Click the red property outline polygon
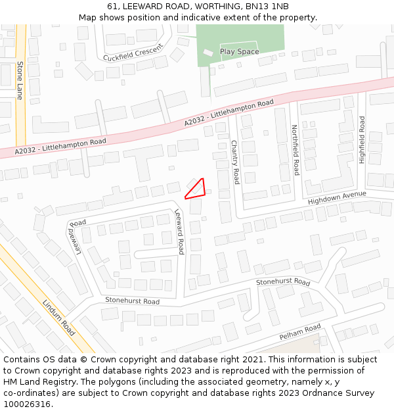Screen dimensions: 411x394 [196, 189]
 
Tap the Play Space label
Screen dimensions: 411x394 [239, 51]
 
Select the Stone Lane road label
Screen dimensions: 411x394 [20, 80]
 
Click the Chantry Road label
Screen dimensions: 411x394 [234, 162]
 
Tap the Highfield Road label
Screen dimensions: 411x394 [362, 139]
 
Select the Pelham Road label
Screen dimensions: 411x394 [299, 331]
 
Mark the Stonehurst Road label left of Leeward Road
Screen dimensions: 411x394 [132, 301]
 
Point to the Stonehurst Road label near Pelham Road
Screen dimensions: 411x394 [282, 282]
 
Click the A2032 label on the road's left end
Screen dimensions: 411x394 [60, 146]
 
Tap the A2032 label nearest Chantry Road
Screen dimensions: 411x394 [229, 113]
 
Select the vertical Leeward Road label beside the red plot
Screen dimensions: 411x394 [179, 231]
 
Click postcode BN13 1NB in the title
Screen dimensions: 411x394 [267, 7]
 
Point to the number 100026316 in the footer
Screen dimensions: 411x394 [28, 404]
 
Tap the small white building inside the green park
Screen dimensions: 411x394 [208, 52]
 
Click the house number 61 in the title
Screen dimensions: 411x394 [110, 7]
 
